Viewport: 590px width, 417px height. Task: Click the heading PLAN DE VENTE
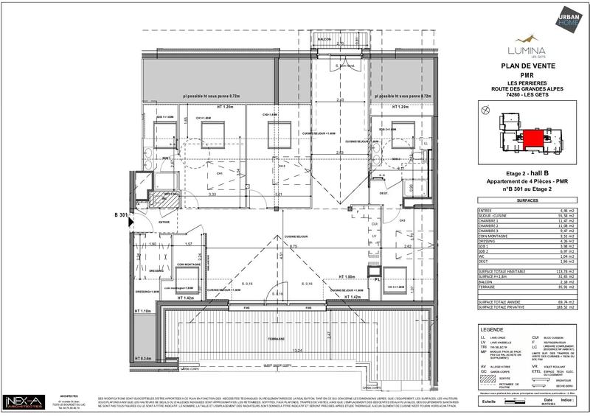click(x=523, y=66)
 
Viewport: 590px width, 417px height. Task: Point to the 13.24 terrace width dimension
click(x=278, y=351)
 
